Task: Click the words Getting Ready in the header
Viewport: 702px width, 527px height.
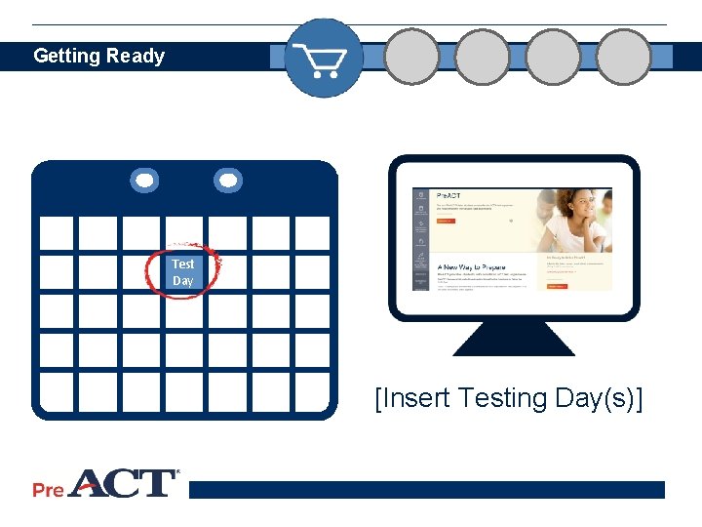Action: click(x=98, y=56)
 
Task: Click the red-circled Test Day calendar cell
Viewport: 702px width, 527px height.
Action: click(x=183, y=272)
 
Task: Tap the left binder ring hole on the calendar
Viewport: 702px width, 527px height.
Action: click(x=144, y=181)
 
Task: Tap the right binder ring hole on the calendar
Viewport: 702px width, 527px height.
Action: click(x=228, y=181)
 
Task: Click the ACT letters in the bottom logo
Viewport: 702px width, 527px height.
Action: click(x=123, y=484)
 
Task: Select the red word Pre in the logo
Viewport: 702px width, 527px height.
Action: click(x=48, y=490)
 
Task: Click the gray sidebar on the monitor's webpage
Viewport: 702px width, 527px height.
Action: click(x=419, y=239)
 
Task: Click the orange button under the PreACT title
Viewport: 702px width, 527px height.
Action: click(x=445, y=222)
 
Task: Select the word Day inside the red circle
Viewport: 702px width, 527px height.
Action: click(x=183, y=281)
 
